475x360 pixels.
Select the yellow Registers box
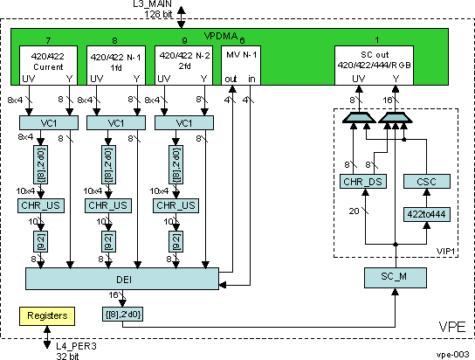pyautogui.click(x=50, y=315)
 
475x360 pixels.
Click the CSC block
pyautogui.click(x=426, y=181)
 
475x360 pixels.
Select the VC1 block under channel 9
pyautogui.click(x=183, y=124)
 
